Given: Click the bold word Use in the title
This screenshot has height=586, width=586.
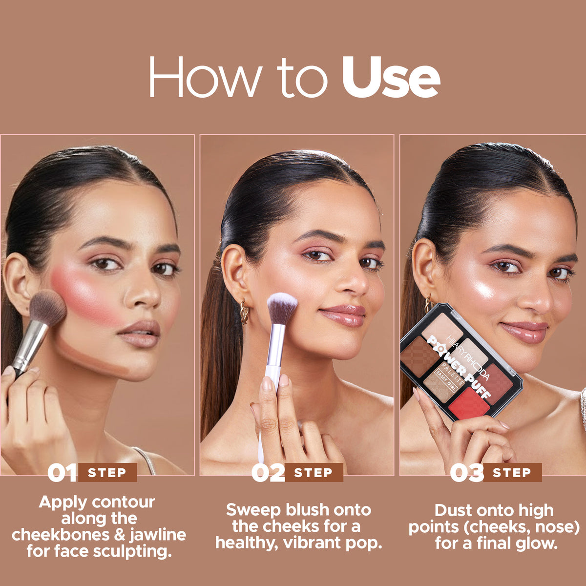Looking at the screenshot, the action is click(391, 77).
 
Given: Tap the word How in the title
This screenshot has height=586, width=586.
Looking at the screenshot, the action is click(205, 77).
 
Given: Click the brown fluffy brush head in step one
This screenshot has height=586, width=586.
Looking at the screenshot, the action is click(49, 308).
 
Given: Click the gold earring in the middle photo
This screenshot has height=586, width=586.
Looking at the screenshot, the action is click(244, 312).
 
